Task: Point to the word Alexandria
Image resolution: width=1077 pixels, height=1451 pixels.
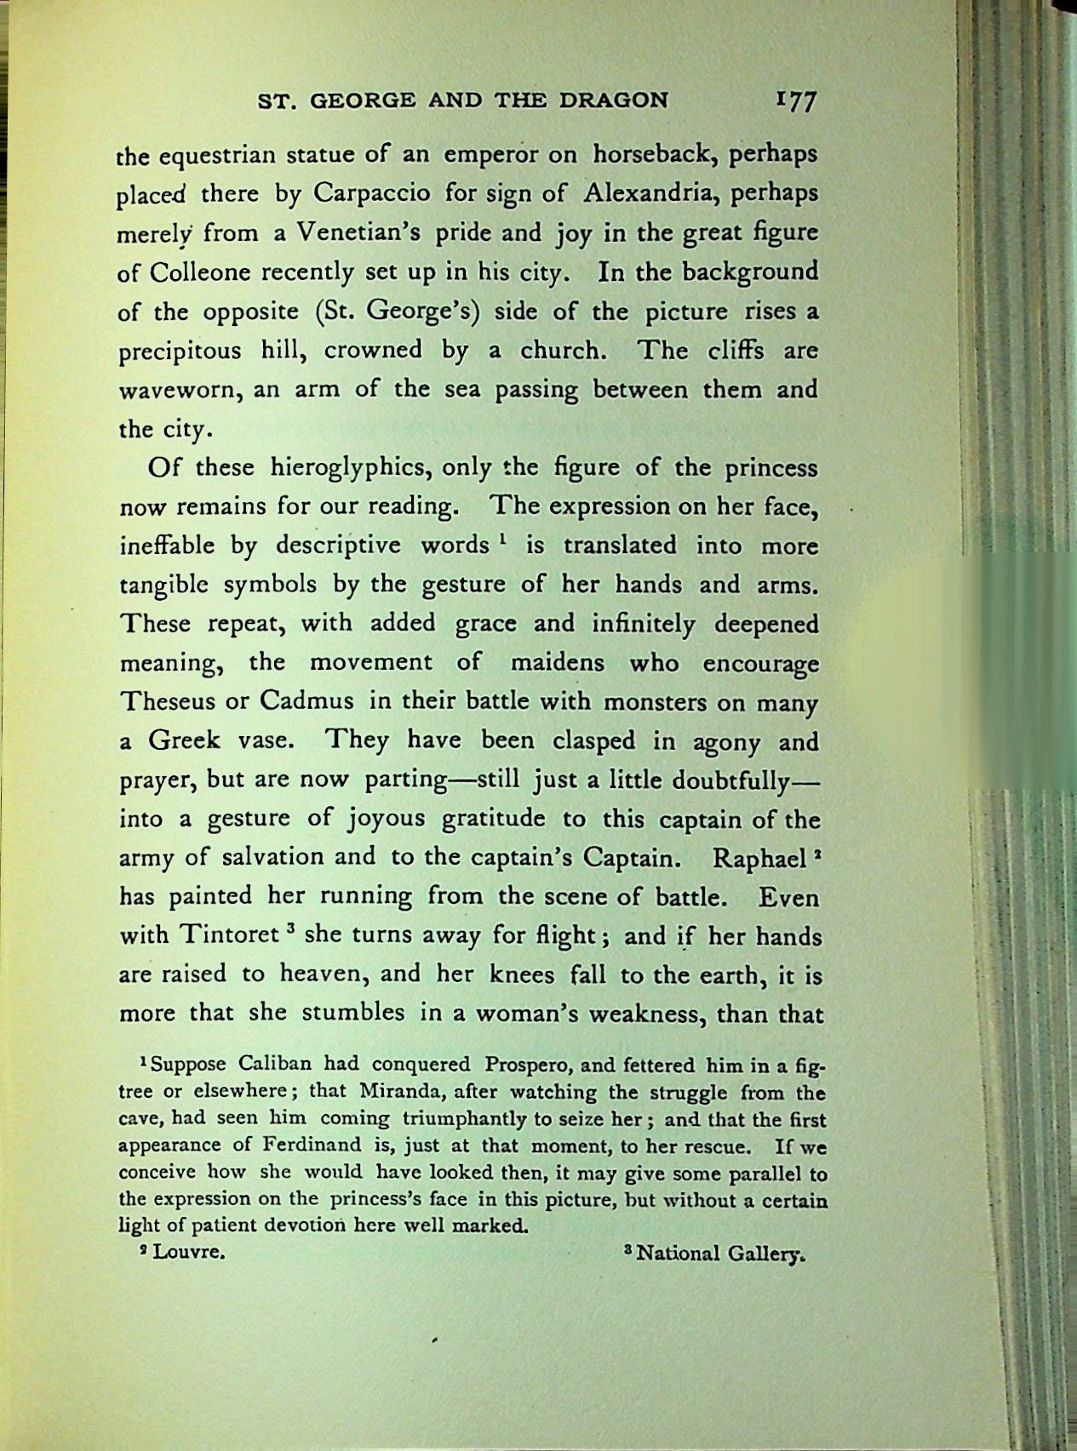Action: coord(648,193)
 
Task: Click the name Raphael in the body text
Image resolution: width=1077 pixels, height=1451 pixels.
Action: coord(759,858)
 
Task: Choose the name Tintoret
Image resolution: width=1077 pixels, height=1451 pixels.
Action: coord(229,935)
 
